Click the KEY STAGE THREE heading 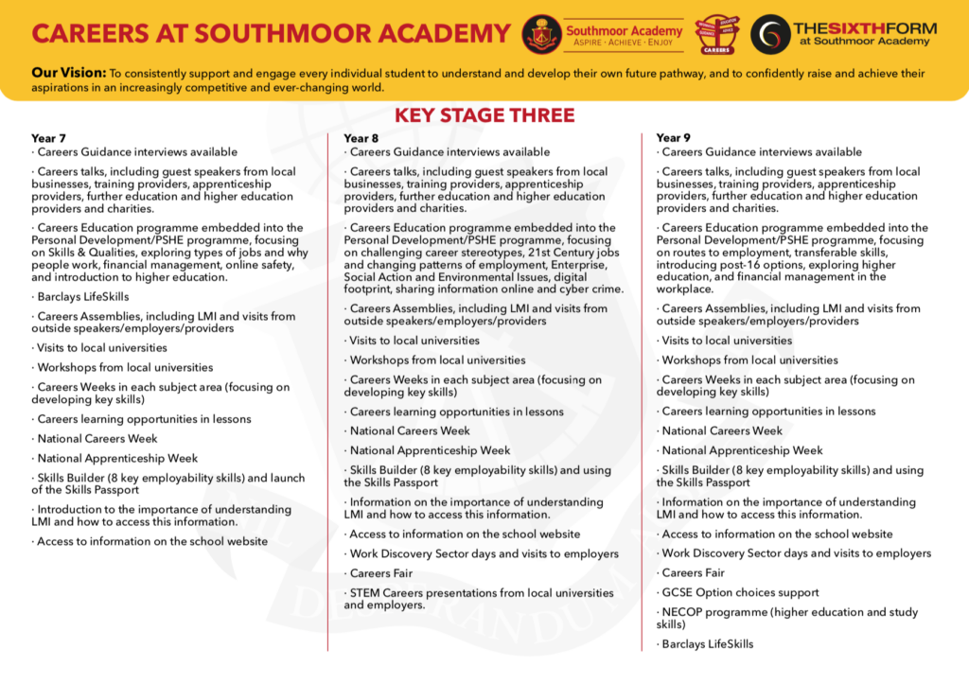484,115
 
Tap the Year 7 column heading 48,138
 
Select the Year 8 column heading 361,138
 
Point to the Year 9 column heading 673,138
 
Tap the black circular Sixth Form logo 768,34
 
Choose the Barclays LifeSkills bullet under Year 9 707,644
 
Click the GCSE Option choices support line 740,592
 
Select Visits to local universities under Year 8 414,341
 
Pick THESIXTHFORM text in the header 864,27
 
